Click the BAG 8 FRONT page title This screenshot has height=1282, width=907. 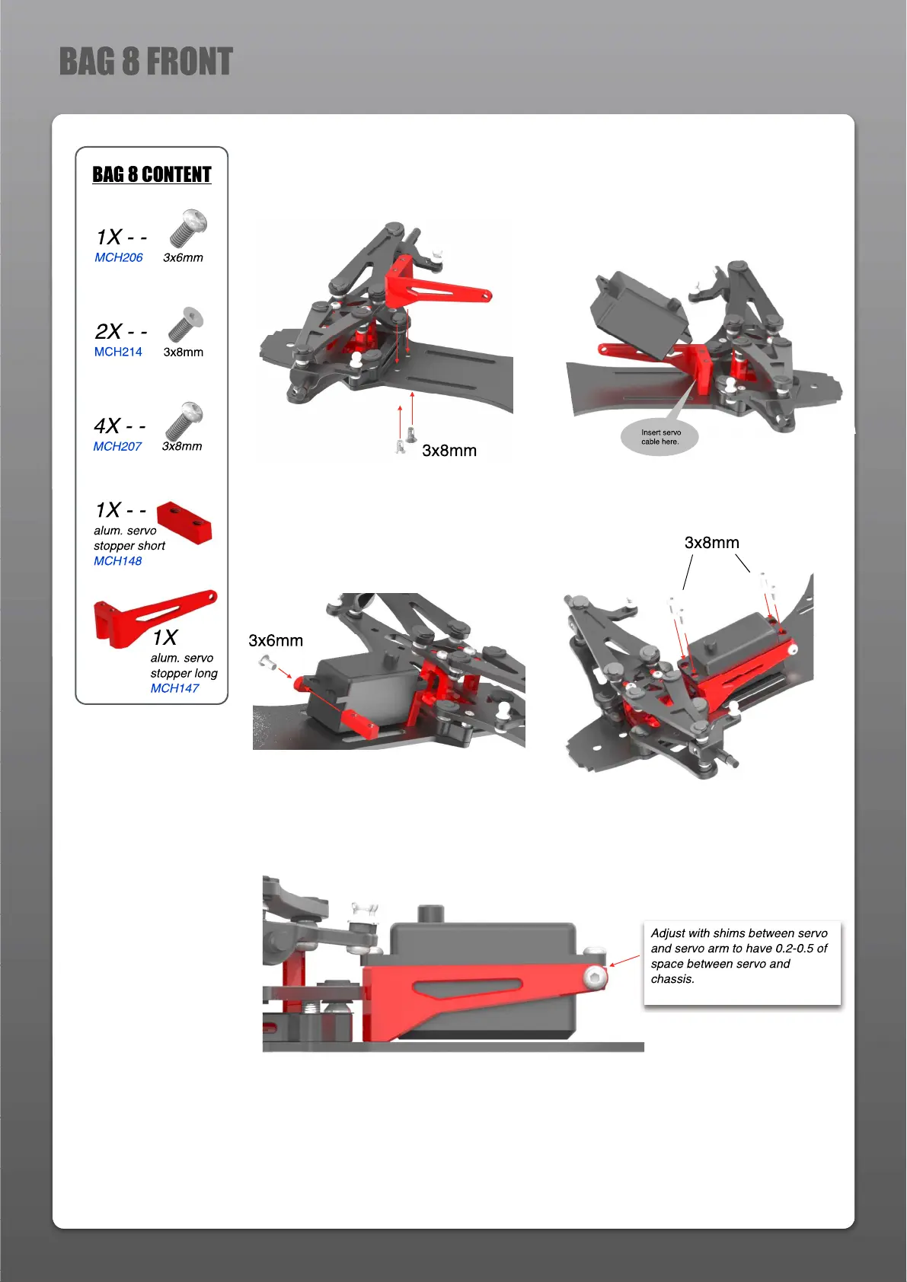(145, 62)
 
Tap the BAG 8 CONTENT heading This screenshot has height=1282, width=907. (152, 174)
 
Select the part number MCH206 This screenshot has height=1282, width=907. (119, 257)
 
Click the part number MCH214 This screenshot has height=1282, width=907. (118, 352)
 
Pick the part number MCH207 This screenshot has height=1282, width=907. (117, 446)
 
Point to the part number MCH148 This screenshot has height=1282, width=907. (118, 561)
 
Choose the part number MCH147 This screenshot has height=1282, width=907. (174, 688)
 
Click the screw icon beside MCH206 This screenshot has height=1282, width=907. (187, 228)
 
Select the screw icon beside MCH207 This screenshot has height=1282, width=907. (184, 420)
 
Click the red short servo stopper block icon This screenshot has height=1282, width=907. (184, 521)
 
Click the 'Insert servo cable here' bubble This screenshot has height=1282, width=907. (660, 438)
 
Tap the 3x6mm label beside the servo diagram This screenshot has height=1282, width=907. (276, 641)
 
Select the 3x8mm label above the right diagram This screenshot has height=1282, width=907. (711, 543)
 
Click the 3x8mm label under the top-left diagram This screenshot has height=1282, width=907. (449, 451)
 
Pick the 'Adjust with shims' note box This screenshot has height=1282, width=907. (741, 962)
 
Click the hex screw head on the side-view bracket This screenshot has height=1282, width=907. (594, 977)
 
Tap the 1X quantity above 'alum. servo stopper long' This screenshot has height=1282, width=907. (164, 637)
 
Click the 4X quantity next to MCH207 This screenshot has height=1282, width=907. (107, 426)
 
